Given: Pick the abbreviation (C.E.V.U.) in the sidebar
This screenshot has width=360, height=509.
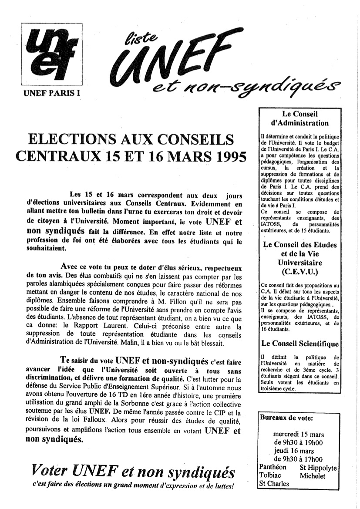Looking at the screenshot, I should (x=299, y=273).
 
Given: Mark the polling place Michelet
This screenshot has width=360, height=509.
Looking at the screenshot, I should (x=313, y=475).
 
